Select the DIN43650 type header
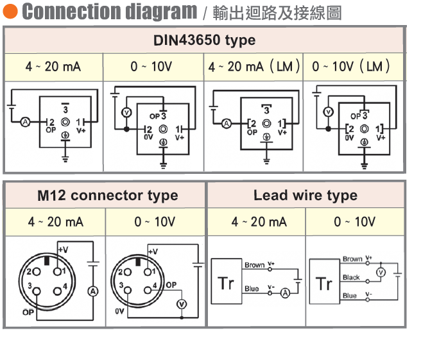tap(204, 40)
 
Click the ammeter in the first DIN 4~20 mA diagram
tap(26, 121)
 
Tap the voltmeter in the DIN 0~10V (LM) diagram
tap(328, 112)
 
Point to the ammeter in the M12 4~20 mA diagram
tap(93, 291)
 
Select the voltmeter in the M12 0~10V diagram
tap(182, 304)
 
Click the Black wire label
tap(351, 277)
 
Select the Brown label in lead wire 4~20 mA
tap(254, 265)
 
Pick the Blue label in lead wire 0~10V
tap(349, 296)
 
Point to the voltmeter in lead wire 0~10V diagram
tap(379, 272)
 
